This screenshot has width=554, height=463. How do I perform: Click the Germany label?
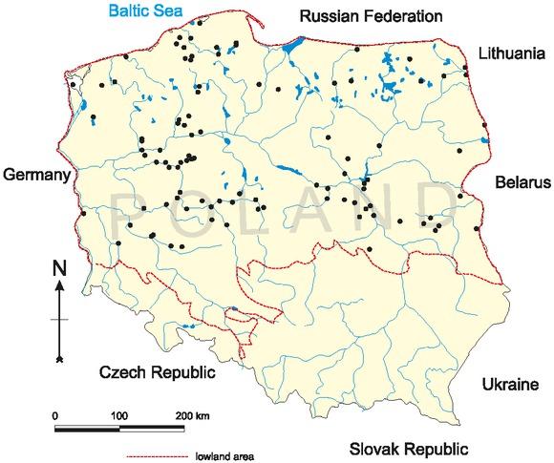[37, 176]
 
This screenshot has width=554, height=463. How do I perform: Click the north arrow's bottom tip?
[59, 361]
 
